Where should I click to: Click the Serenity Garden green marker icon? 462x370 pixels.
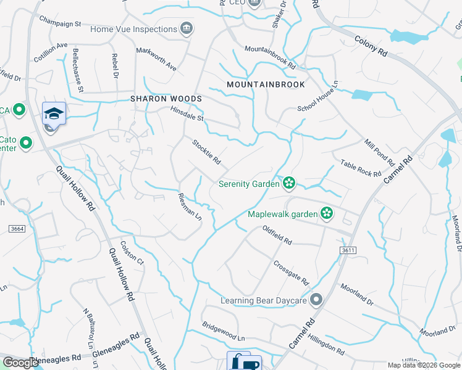click(288, 183)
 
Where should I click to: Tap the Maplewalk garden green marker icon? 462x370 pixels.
click(327, 215)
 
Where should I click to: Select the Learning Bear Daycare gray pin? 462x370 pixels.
click(316, 300)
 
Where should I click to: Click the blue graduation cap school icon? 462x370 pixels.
click(54, 112)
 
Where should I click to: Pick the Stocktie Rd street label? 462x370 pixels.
click(206, 152)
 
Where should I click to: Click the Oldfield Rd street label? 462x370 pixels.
click(276, 234)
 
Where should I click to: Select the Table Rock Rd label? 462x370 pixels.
click(361, 168)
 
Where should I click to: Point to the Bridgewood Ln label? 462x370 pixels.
click(224, 332)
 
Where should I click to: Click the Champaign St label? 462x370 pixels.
click(61, 23)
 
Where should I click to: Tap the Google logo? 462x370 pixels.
click(20, 363)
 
